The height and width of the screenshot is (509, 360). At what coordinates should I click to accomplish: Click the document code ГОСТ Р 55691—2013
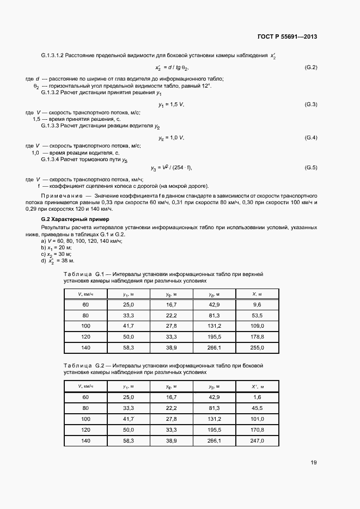[x=286, y=37]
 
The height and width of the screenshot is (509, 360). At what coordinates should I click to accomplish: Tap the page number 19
[x=313, y=463]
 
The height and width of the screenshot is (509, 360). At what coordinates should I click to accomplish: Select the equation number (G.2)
[x=310, y=68]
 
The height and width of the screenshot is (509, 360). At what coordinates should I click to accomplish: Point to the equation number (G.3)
[x=310, y=104]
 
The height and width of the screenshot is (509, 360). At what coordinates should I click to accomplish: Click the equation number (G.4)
[x=310, y=137]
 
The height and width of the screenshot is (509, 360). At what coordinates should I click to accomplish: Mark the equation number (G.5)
[x=310, y=167]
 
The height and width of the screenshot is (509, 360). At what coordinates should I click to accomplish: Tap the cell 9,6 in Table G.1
[x=258, y=305]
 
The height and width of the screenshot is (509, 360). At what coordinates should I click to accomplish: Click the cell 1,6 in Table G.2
[x=258, y=398]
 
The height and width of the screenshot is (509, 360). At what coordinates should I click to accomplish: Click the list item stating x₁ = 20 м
[x=56, y=247]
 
